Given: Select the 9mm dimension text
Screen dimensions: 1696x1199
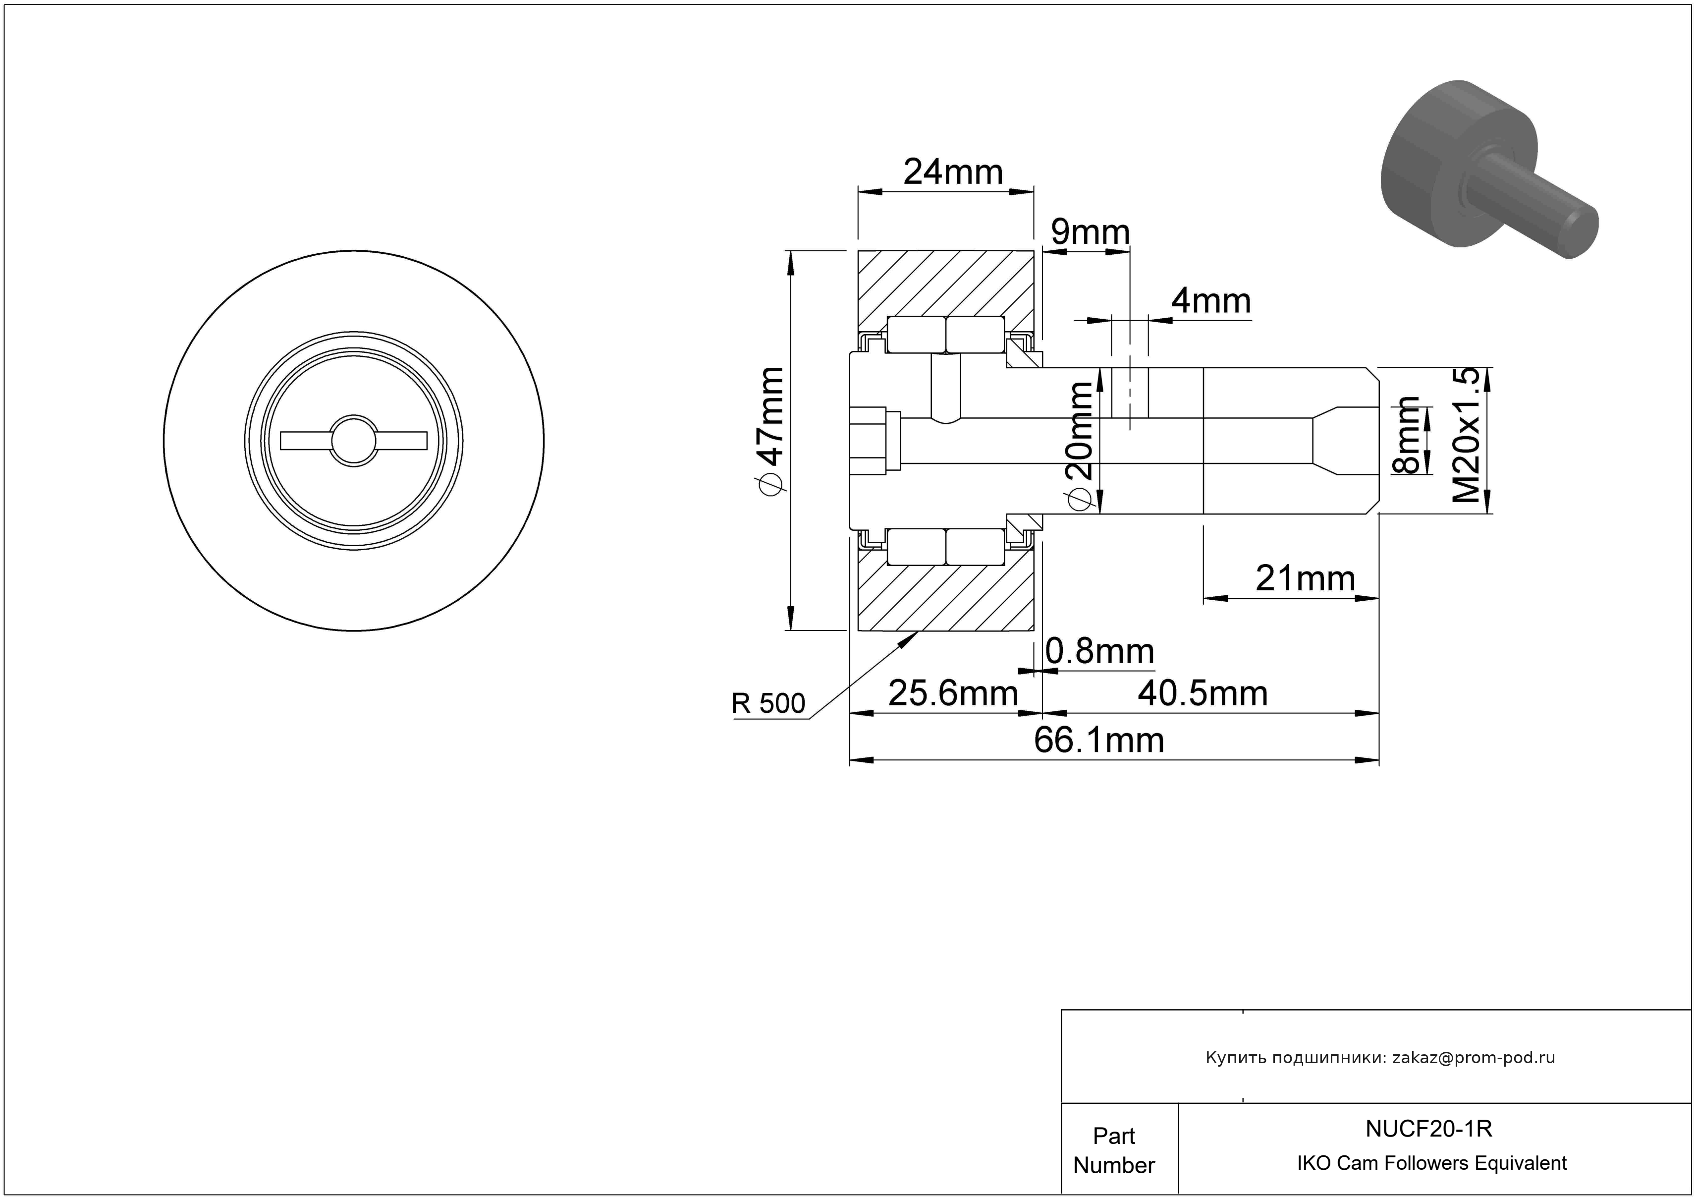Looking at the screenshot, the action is click(x=1090, y=232).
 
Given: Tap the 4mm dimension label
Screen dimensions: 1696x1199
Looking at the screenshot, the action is click(x=1211, y=301).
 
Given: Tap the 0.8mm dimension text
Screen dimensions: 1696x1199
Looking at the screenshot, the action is click(x=1100, y=651).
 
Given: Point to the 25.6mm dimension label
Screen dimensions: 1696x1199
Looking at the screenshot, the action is click(x=953, y=693).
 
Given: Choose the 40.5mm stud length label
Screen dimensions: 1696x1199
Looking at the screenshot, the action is click(x=1203, y=693).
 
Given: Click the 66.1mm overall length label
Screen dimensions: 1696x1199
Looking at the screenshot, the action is click(x=1099, y=740).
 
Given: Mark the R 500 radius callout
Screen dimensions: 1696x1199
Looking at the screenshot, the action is click(x=768, y=703).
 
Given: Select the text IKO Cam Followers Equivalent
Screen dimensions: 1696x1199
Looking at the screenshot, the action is click(x=1431, y=1163).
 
